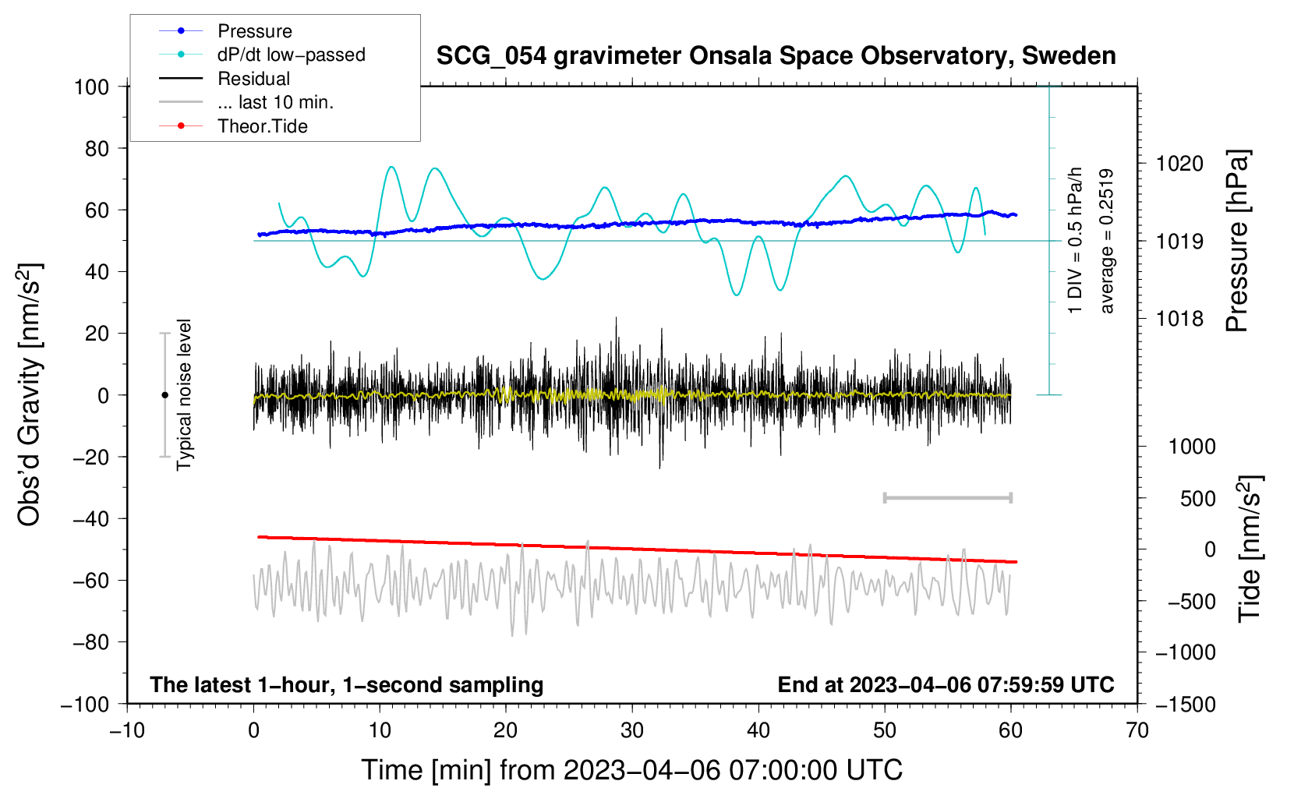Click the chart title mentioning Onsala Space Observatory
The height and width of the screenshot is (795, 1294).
776,56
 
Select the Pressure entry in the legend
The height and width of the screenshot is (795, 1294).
254,31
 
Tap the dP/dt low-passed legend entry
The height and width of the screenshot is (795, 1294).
291,55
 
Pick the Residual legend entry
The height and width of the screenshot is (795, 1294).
253,79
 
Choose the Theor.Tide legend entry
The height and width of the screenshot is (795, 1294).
262,126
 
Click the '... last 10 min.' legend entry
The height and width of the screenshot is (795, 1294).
275,102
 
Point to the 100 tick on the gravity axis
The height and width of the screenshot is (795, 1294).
92,87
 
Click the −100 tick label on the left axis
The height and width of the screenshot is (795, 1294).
85,704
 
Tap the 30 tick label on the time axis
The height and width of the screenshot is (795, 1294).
632,730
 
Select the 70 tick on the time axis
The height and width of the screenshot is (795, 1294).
1137,730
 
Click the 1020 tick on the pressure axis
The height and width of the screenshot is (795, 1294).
1179,164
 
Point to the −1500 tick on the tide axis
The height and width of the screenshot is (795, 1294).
1185,704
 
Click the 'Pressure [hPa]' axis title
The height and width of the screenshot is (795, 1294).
1237,241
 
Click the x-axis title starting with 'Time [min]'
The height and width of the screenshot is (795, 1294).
631,770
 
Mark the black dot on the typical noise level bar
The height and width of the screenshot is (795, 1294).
164,395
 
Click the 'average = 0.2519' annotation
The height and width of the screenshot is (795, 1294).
1106,241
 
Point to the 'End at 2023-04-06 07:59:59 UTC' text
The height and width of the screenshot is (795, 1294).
946,684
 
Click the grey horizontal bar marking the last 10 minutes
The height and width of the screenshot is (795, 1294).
947,497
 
